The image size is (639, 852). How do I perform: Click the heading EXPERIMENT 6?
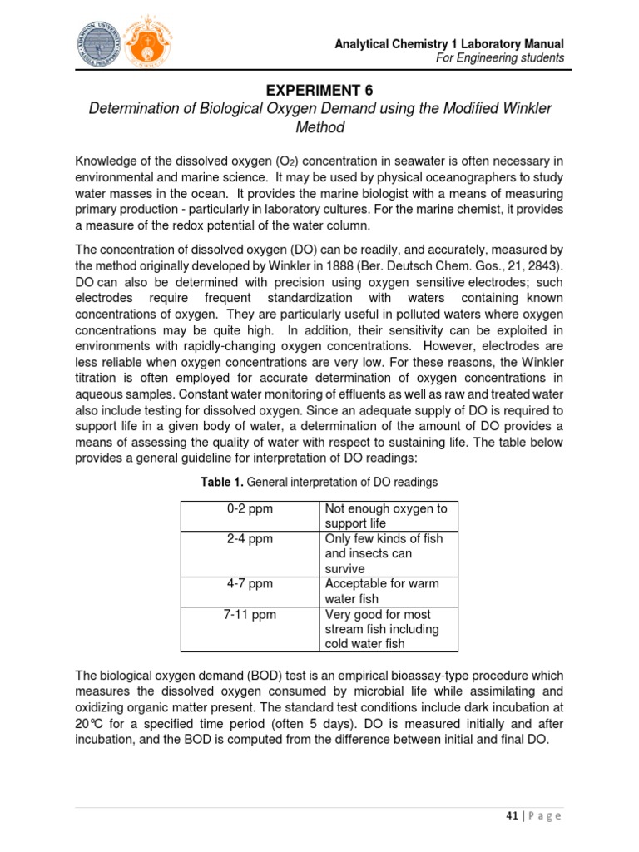coord(319,89)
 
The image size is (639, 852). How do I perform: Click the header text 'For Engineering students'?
coord(502,58)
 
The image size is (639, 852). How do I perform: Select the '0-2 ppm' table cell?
coord(250,508)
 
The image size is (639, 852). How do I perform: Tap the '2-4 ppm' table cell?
coord(250,538)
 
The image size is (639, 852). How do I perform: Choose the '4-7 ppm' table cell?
coord(250,583)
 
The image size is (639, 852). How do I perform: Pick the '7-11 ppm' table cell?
coord(250,614)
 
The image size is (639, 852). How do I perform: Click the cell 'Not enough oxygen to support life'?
coord(386,516)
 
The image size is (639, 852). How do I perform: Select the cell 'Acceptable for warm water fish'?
coord(382,591)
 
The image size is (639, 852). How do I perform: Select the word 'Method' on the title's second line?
coord(319,128)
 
